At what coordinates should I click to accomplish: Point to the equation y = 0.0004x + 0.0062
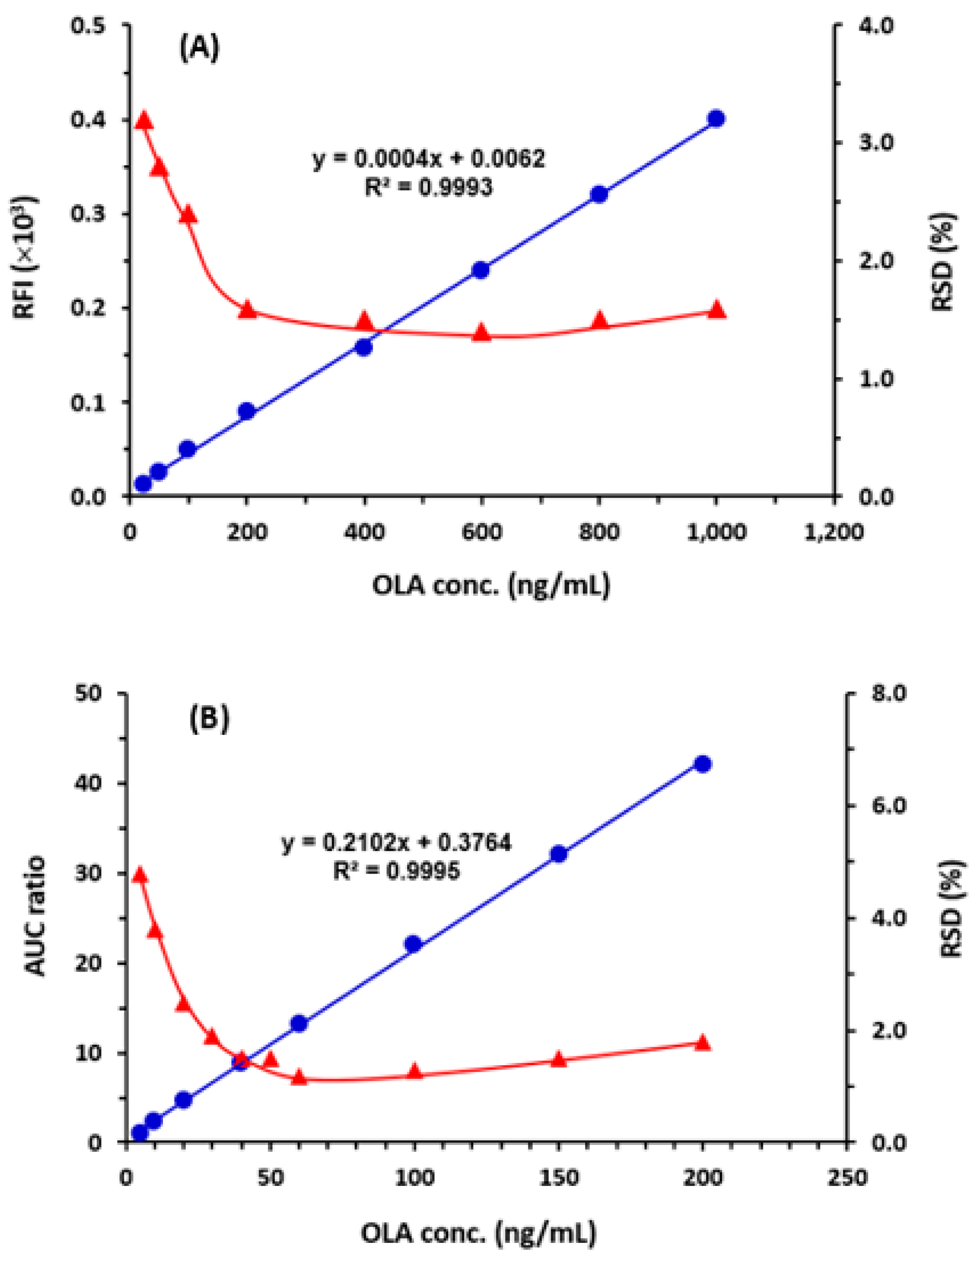[428, 158]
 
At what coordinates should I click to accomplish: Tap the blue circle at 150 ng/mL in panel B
[558, 854]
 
